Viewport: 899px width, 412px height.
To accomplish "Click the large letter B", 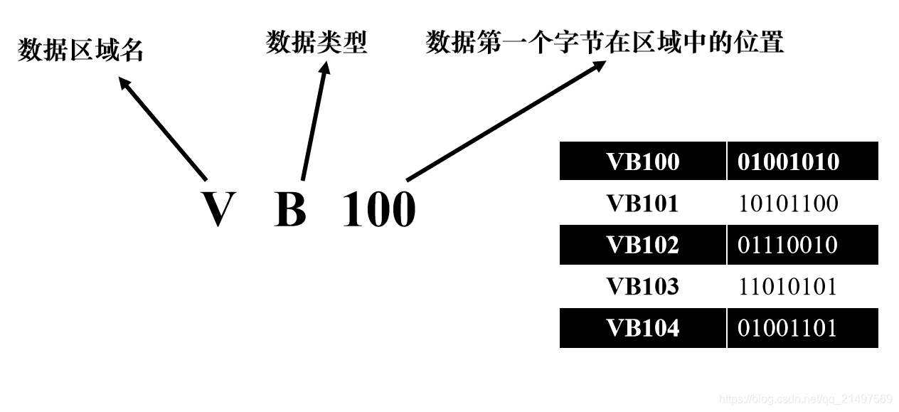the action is (290, 209).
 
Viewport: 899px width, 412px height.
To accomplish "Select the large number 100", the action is (378, 209).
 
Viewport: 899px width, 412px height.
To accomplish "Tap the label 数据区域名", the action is (80, 51).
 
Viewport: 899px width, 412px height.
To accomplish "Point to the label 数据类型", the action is (316, 43).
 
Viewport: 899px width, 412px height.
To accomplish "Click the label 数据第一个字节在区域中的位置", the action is (605, 43).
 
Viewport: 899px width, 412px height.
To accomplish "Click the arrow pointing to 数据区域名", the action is (162, 128).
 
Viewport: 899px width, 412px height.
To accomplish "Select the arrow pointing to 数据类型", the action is (314, 121).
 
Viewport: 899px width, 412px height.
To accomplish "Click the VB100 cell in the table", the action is (642, 162).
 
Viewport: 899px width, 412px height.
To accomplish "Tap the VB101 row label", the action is (642, 204).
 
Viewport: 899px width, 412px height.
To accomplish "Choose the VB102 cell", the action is (642, 245).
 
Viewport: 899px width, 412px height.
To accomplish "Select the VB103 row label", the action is (642, 287).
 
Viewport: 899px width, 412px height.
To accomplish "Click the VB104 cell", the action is (642, 328).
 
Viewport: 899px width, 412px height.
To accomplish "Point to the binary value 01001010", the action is (788, 162).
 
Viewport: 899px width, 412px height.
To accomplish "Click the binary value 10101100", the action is (788, 204).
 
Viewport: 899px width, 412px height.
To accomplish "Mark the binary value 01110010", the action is (788, 245).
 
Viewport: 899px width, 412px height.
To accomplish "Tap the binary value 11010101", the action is (788, 287).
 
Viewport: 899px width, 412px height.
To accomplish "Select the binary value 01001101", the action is (788, 328).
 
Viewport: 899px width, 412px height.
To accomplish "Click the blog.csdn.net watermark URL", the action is (806, 398).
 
